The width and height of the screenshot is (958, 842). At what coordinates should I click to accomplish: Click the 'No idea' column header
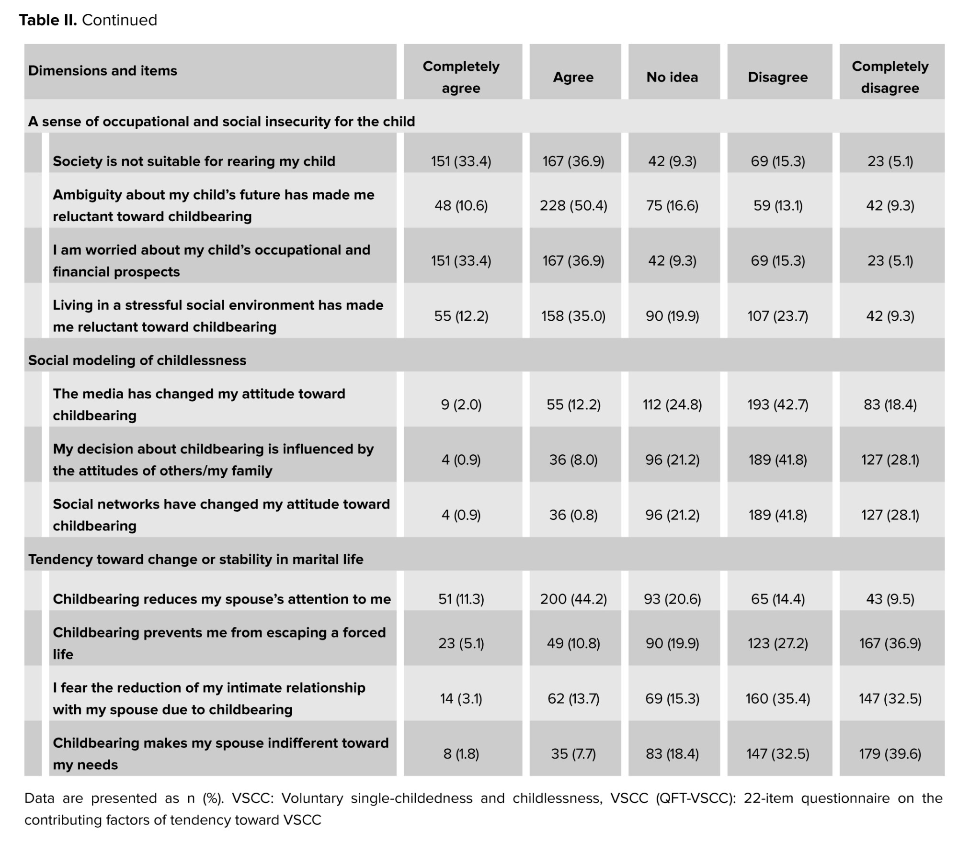pyautogui.click(x=672, y=77)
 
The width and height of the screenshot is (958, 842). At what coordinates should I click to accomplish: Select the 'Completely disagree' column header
pyautogui.click(x=890, y=77)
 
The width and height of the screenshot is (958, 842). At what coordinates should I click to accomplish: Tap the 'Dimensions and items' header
pyautogui.click(x=103, y=71)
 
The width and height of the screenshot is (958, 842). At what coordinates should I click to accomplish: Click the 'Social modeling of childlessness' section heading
pyautogui.click(x=137, y=360)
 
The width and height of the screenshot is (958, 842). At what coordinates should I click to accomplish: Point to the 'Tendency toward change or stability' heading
pyautogui.click(x=195, y=559)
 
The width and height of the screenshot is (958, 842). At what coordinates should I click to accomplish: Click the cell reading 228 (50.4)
pyautogui.click(x=573, y=206)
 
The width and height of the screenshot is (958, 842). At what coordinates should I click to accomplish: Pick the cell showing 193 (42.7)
pyautogui.click(x=777, y=405)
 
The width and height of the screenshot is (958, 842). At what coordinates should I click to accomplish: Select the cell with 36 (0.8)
pyautogui.click(x=573, y=515)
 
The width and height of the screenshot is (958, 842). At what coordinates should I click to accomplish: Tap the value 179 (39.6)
pyautogui.click(x=890, y=754)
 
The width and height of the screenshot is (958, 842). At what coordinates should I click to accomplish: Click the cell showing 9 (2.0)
pyautogui.click(x=461, y=405)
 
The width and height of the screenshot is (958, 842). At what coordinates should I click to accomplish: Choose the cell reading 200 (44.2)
pyautogui.click(x=573, y=599)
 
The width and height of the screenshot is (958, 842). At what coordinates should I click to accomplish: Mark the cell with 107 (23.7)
pyautogui.click(x=777, y=316)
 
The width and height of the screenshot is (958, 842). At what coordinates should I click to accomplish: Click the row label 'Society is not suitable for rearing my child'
pyautogui.click(x=194, y=161)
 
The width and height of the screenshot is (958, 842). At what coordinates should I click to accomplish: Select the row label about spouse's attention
pyautogui.click(x=221, y=599)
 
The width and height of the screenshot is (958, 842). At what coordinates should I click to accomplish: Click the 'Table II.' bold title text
pyautogui.click(x=48, y=20)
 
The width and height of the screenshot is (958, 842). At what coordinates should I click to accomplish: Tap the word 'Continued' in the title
pyautogui.click(x=119, y=20)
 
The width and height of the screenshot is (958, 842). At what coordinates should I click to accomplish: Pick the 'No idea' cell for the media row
pyautogui.click(x=672, y=405)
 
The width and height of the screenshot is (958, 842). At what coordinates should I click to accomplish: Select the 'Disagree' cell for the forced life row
pyautogui.click(x=777, y=643)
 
